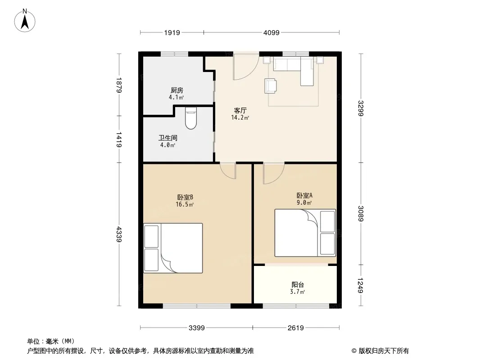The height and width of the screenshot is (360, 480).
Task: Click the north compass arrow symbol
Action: pos(25,21)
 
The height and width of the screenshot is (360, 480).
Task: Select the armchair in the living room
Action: pos(271,85)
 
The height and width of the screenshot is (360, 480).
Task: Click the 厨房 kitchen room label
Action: pos(177,90)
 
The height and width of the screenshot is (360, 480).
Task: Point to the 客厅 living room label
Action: pos(240,110)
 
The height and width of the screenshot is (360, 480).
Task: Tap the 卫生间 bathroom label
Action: pos(168,138)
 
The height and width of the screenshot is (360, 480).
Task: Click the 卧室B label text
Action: pos(185,197)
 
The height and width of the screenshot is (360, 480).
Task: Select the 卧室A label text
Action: pos(304,195)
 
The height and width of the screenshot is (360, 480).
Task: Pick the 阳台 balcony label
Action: pos(298,285)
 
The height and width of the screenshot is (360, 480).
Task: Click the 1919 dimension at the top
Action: pos(172,32)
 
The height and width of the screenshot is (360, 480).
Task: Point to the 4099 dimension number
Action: pos(272,32)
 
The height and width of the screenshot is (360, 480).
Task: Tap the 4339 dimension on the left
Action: pos(119,234)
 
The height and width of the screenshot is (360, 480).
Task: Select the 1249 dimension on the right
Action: pos(361,285)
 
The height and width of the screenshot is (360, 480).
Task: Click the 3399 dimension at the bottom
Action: pos(196,328)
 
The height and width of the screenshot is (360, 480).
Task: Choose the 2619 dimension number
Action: pos(296,328)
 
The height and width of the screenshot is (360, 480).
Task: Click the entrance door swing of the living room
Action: pos(246,67)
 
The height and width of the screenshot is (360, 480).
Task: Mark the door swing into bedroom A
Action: pos(274,173)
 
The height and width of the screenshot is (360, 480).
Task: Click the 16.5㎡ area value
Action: pos(185,205)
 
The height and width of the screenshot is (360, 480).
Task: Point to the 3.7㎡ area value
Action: pos(298,292)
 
